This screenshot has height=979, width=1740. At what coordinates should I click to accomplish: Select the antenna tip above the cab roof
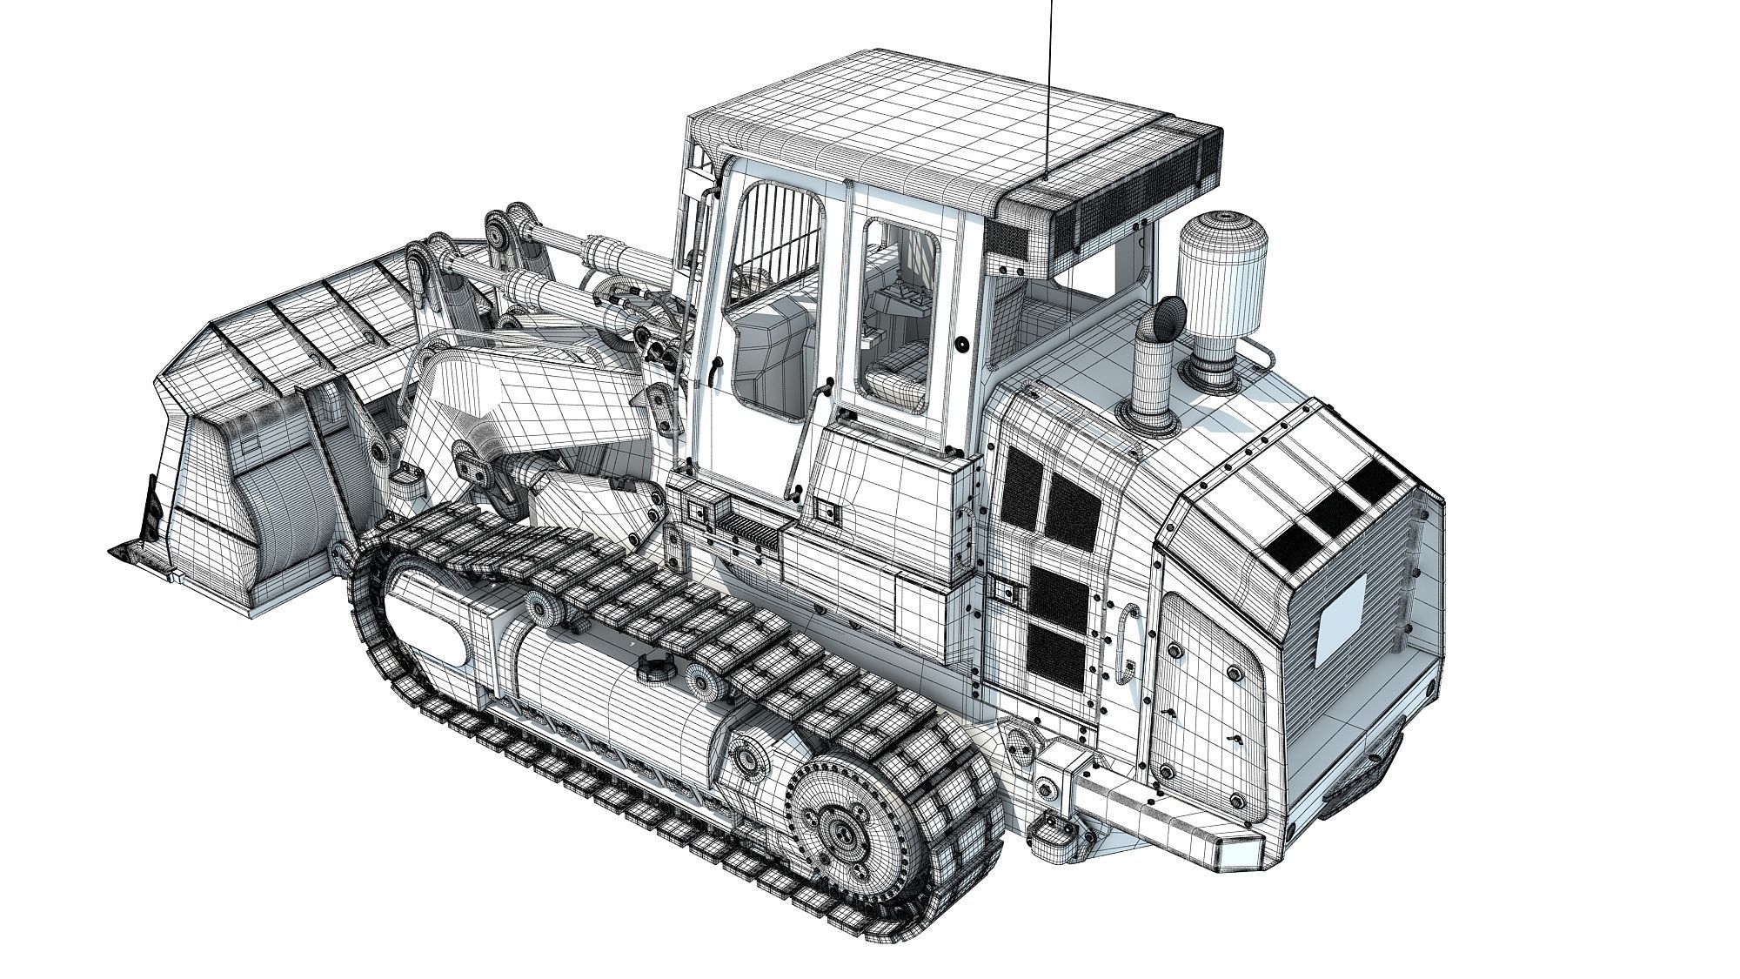pos(1051,3)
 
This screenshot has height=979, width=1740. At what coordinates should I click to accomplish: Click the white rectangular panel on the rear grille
pos(1342,619)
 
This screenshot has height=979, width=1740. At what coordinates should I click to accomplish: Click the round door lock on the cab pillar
pos(961,345)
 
